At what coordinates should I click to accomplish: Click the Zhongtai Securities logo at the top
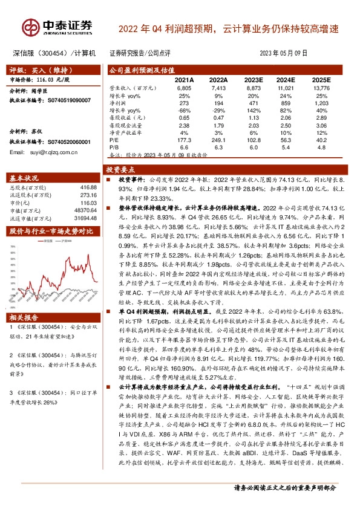[x=58, y=27]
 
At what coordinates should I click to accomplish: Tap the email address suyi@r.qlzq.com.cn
[x=45, y=152]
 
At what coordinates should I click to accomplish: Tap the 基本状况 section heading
[x=25, y=178]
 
